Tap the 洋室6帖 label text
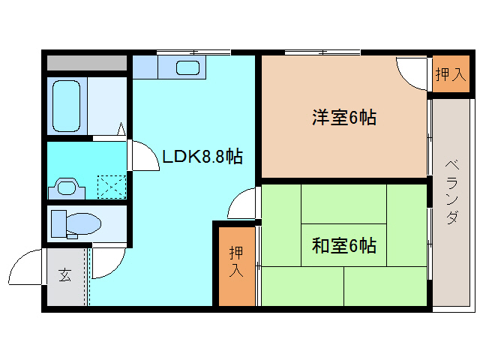coord(344,118)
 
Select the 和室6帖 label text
coord(344,245)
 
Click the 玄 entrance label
coord(64,275)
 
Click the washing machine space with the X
coord(111,184)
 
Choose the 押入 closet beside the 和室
coord(236,263)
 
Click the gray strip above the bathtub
coord(87,62)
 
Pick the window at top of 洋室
coord(322,52)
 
